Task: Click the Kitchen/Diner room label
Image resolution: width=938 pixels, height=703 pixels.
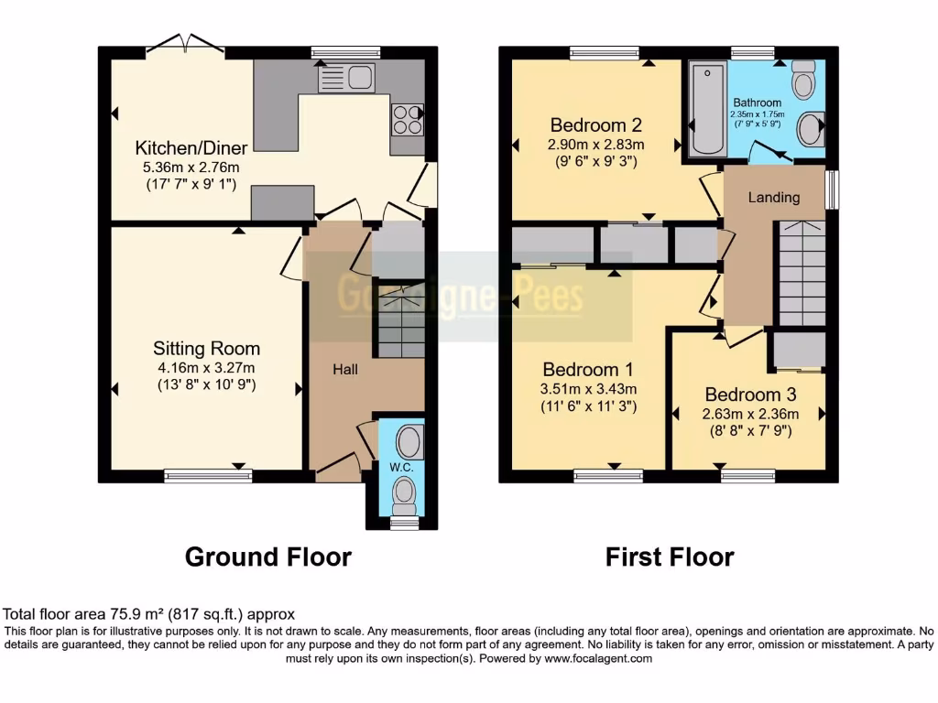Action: click(x=187, y=148)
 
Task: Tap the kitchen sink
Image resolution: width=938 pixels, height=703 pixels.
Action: click(x=346, y=79)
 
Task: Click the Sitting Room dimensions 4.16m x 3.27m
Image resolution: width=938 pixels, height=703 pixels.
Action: click(x=206, y=368)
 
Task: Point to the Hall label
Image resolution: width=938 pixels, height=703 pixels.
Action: click(x=345, y=369)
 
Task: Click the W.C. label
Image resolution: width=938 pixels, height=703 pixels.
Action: click(x=402, y=467)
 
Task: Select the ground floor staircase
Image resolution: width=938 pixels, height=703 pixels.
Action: click(x=400, y=321)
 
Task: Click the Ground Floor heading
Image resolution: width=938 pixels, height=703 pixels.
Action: click(x=268, y=557)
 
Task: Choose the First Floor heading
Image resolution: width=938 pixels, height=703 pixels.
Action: click(x=670, y=557)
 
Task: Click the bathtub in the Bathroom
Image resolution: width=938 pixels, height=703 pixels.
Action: click(x=706, y=109)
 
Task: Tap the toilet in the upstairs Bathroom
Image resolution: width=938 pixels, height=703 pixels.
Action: click(x=804, y=81)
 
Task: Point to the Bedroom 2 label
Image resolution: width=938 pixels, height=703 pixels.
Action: click(x=595, y=125)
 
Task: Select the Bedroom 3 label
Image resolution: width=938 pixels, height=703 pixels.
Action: click(x=750, y=395)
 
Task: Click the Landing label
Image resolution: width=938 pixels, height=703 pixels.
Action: click(x=774, y=197)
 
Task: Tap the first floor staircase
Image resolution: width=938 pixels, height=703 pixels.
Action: click(x=802, y=272)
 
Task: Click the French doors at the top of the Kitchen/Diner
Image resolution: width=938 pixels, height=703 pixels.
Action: click(x=186, y=42)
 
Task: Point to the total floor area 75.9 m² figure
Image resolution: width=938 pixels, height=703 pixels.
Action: click(x=149, y=614)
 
